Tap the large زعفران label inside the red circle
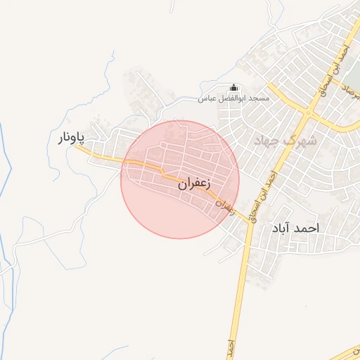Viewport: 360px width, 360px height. pyautogui.click(x=194, y=184)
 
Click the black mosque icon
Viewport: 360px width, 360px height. pyautogui.click(x=234, y=88)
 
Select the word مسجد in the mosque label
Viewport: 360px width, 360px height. pyautogui.click(x=258, y=99)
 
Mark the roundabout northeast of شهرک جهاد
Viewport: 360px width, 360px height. pyautogui.click(x=309, y=112)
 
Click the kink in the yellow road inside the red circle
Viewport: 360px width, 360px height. pyautogui.click(x=162, y=171)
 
